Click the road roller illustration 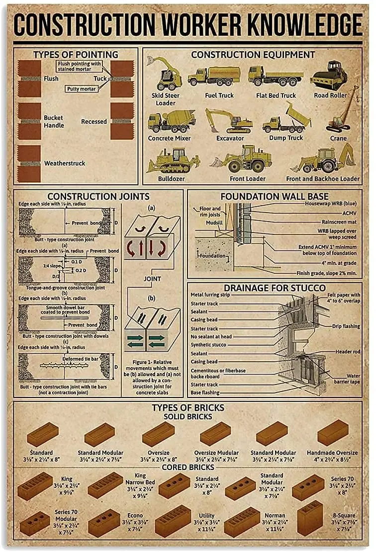coord(329,76)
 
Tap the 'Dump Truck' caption coord(286,138)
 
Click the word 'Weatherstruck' coord(65,163)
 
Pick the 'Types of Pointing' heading coord(76,55)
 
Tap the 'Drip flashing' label coord(346,326)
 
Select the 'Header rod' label coord(348,352)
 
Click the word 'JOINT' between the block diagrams coord(152,279)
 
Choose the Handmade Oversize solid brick coord(333,433)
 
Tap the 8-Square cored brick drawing coord(309,518)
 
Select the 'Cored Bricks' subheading coord(188,467)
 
